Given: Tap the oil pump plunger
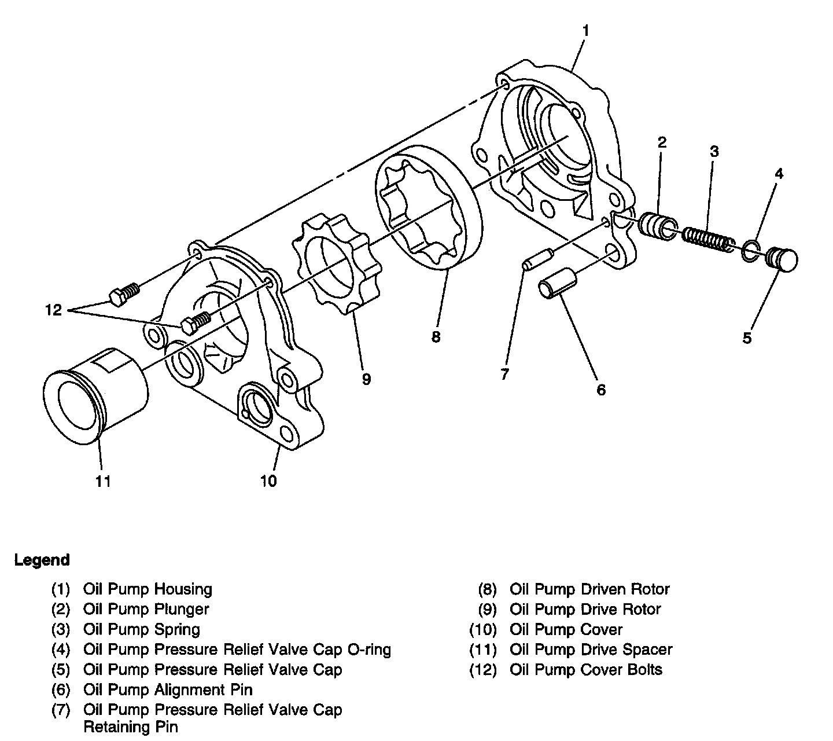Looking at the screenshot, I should (x=658, y=226).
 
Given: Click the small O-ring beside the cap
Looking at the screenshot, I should (x=750, y=250).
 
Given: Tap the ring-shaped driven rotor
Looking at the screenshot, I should (x=428, y=209).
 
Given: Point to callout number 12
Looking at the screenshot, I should (x=53, y=310).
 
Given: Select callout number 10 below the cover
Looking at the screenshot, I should (x=269, y=480).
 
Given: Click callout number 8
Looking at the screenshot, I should (x=436, y=337).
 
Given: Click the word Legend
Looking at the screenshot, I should (x=42, y=560).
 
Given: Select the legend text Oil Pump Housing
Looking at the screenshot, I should (x=148, y=589).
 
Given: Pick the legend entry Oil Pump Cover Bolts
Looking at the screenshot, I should (x=586, y=670).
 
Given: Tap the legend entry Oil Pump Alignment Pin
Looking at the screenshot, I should (x=168, y=689).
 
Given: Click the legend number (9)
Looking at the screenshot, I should (x=487, y=610).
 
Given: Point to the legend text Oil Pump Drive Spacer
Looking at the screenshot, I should (x=591, y=650).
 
